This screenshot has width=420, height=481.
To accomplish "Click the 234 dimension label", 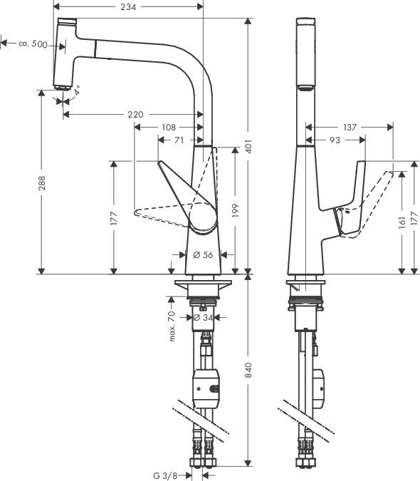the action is pyautogui.click(x=128, y=6).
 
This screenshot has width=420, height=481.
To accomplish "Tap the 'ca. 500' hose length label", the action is pyautogui.click(x=33, y=44).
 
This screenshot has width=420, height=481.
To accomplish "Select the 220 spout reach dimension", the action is pyautogui.click(x=135, y=115).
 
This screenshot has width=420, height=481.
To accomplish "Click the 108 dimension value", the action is pyautogui.click(x=169, y=127).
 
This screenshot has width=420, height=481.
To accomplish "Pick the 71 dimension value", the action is pyautogui.click(x=179, y=140).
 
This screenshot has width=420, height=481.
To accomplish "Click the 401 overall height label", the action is pyautogui.click(x=248, y=146).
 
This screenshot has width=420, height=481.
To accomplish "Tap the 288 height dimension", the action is pyautogui.click(x=42, y=183).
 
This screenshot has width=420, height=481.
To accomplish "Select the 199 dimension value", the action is pyautogui.click(x=235, y=210).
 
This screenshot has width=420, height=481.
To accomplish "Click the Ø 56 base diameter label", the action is pyautogui.click(x=203, y=254).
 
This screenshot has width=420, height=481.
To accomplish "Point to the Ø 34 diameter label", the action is pyautogui.click(x=203, y=318).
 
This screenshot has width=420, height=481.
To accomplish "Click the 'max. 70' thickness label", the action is pyautogui.click(x=172, y=326).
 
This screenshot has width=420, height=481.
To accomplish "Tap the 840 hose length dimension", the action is pyautogui.click(x=248, y=370).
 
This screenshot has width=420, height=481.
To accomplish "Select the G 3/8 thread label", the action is pyautogui.click(x=165, y=476).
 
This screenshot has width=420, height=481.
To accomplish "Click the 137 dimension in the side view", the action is pyautogui.click(x=350, y=127).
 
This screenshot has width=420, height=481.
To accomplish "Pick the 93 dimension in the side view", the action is pyautogui.click(x=335, y=140).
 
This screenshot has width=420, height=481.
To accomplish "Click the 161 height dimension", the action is pyautogui.click(x=402, y=222).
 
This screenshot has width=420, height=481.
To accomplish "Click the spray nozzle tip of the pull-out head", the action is pyautogui.click(x=62, y=88).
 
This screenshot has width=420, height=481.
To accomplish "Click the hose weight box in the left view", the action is pyautogui.click(x=206, y=388).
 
